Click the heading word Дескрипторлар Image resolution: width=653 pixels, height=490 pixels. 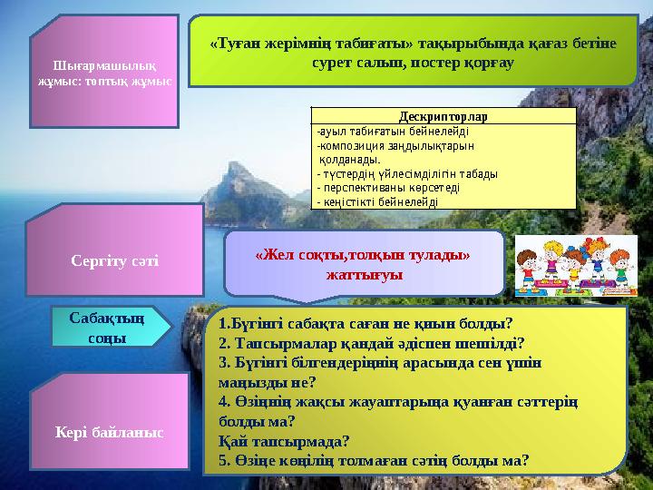pos(443,116)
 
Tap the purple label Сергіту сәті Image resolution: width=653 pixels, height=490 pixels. pos(114,261)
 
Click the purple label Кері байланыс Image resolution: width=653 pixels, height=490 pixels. pos(111,433)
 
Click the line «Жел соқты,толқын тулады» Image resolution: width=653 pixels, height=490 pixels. pos(363,254)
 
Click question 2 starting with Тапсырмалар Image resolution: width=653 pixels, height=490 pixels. pos(372,343)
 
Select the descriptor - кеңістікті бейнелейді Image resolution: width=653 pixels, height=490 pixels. pos(377,201)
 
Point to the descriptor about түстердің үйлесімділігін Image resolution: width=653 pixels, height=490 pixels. pos(407,173)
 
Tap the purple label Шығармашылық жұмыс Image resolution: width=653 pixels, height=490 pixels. pos(102,73)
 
